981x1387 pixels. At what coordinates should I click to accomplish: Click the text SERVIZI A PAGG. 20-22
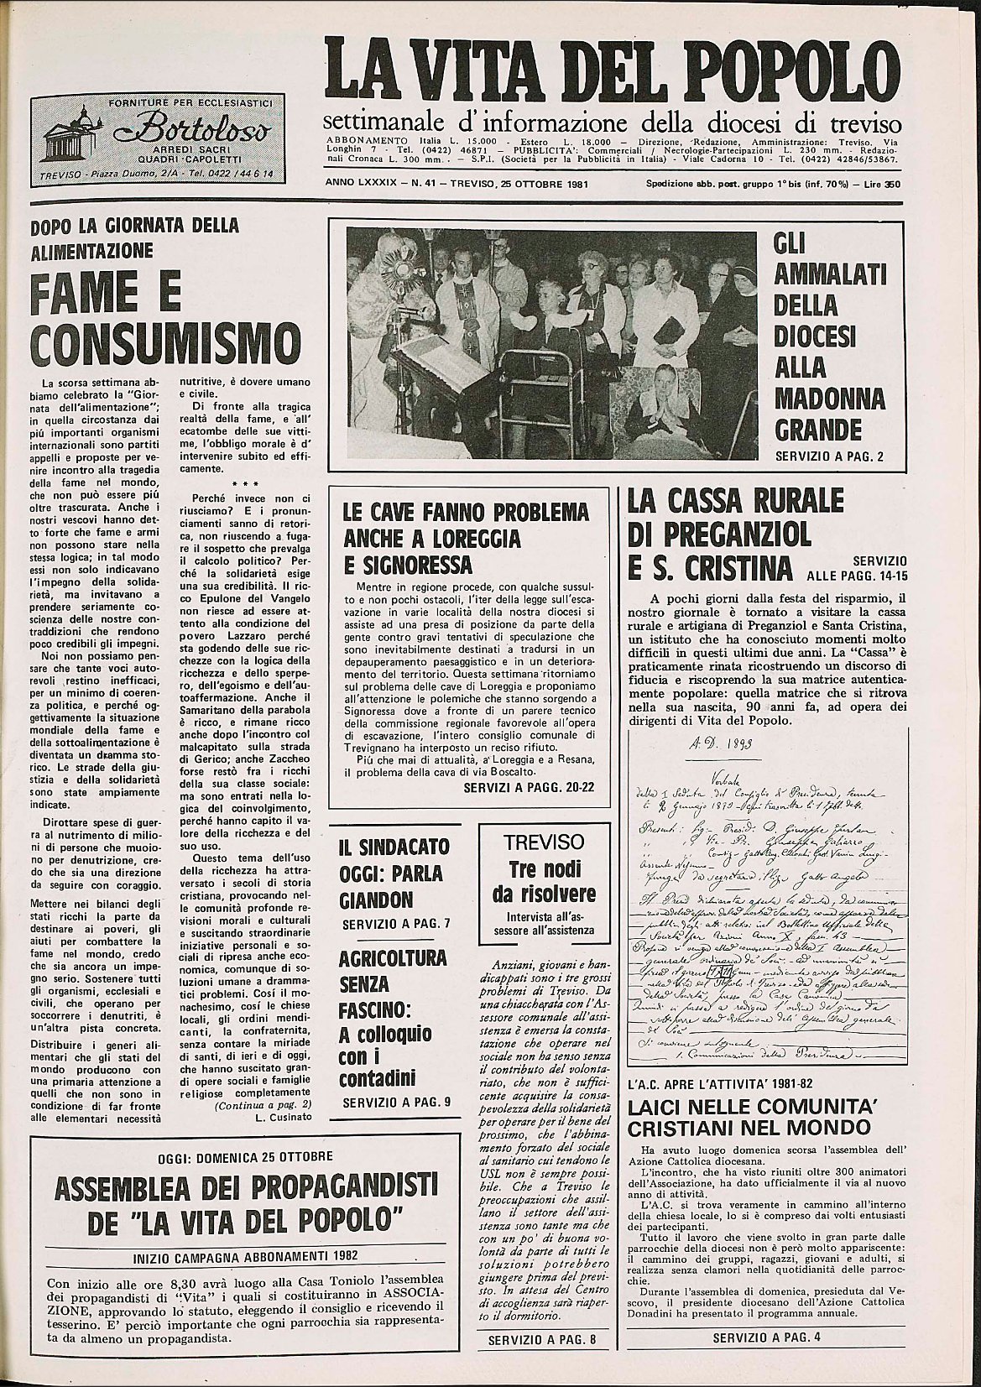coord(526,788)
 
